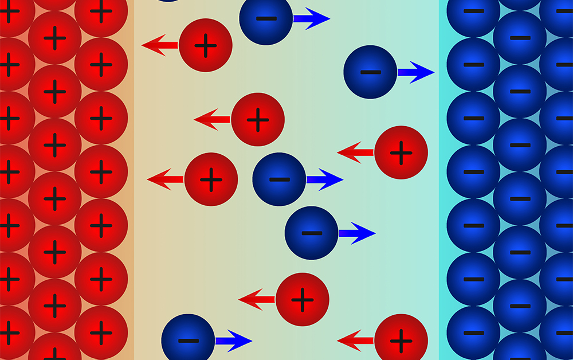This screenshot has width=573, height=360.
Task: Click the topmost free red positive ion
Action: click(x=206, y=45)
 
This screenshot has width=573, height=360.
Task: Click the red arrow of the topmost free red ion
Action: click(x=160, y=45)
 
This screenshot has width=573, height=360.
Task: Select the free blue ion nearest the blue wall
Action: click(x=370, y=72)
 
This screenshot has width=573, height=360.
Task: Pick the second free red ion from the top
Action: click(x=258, y=119)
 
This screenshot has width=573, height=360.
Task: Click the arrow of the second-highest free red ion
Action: click(x=212, y=119)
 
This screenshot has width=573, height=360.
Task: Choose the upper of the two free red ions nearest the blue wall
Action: click(x=401, y=152)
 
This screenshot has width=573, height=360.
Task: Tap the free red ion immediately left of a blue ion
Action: click(x=211, y=179)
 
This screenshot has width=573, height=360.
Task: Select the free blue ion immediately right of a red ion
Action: click(x=279, y=179)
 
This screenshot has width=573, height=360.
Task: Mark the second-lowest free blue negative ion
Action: click(x=311, y=233)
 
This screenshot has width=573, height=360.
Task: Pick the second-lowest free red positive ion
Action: click(x=303, y=299)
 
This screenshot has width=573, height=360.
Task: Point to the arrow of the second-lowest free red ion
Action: click(x=257, y=299)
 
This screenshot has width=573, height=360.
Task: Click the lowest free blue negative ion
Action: click(x=188, y=340)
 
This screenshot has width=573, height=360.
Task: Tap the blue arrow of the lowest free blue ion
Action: click(x=233, y=340)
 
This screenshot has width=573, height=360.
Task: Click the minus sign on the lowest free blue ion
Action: click(x=188, y=341)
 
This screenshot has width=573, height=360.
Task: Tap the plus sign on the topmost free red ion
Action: click(x=206, y=45)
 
